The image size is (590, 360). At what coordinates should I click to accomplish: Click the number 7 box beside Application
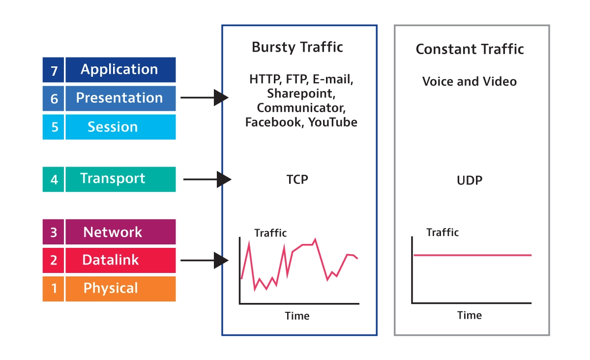click(x=53, y=70)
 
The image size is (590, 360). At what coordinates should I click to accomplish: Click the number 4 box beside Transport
click(x=53, y=179)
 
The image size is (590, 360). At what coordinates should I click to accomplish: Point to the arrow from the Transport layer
click(x=207, y=180)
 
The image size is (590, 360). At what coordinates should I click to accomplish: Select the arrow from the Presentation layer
click(x=205, y=97)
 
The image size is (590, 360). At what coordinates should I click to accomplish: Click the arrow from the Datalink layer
click(x=205, y=260)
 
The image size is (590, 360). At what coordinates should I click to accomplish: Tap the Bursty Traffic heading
click(x=297, y=47)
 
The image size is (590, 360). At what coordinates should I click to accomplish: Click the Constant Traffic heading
click(x=470, y=49)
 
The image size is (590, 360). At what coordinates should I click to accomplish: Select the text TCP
click(x=297, y=180)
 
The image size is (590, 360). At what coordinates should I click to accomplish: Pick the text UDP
click(x=470, y=180)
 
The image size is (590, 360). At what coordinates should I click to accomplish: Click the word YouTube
click(x=333, y=122)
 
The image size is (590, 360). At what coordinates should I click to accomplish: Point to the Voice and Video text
click(x=470, y=82)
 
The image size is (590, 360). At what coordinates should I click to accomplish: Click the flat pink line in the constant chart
click(x=472, y=255)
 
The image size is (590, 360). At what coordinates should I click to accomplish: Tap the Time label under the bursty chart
click(x=297, y=316)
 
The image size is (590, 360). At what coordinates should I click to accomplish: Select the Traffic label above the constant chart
click(x=442, y=233)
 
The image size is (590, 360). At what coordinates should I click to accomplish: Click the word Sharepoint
click(x=301, y=94)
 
